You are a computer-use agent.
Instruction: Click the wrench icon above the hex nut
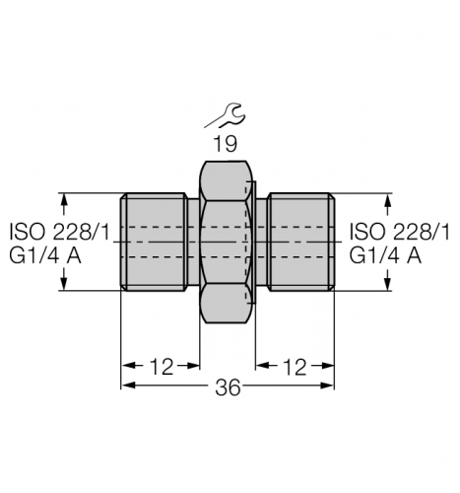(x=225, y=115)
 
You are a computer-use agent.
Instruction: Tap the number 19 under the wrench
(x=225, y=144)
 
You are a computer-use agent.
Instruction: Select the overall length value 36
(x=228, y=387)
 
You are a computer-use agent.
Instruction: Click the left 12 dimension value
(x=161, y=367)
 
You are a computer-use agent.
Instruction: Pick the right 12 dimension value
(x=295, y=367)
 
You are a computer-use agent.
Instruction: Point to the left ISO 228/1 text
(x=59, y=231)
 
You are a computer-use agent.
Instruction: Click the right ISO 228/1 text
(x=399, y=231)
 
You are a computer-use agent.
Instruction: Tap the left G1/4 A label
(x=45, y=255)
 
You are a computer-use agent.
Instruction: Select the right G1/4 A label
(x=385, y=255)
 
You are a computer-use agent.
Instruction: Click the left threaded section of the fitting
(x=154, y=242)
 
